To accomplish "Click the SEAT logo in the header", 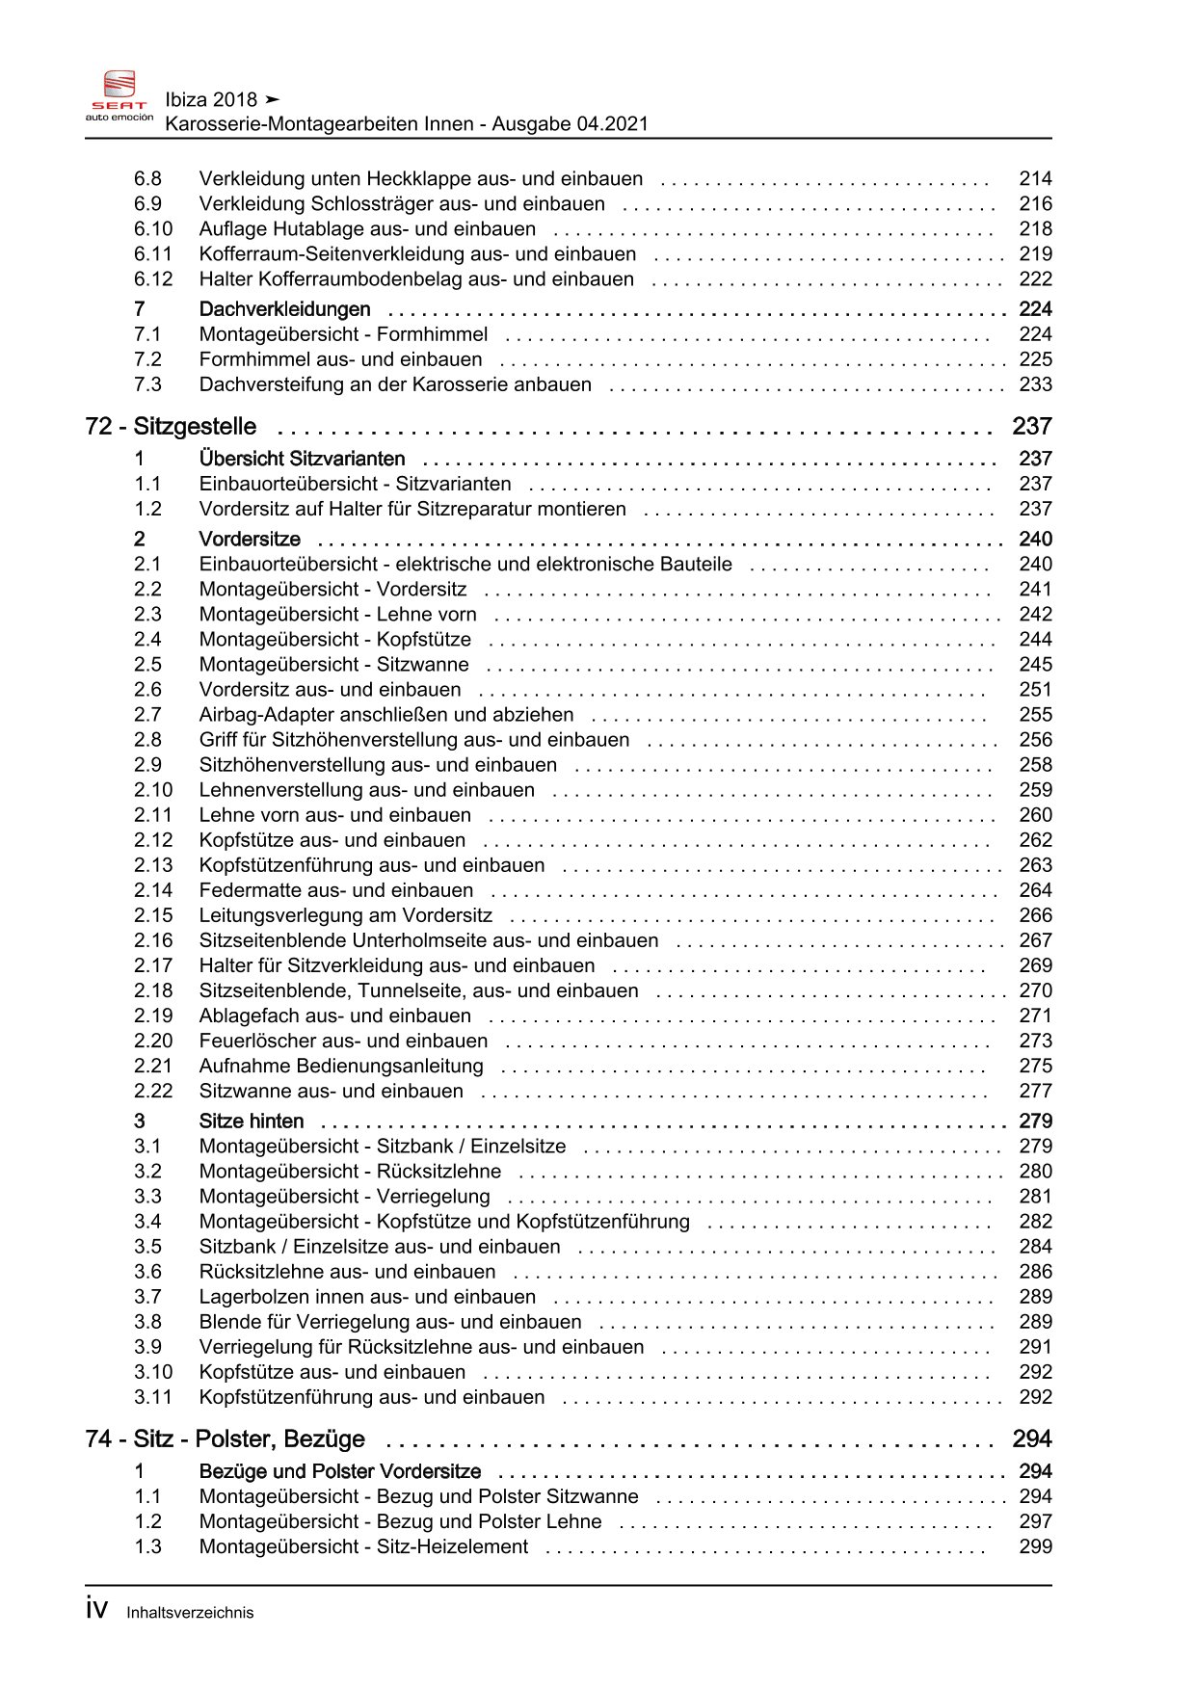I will pyautogui.click(x=119, y=96).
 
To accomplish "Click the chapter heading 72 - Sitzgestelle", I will pyautogui.click(x=171, y=427).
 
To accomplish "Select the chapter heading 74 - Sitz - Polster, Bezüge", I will pyautogui.click(x=225, y=1439).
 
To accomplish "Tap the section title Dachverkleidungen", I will pyautogui.click(x=284, y=309).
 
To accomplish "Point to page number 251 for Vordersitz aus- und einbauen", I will pyautogui.click(x=1035, y=690).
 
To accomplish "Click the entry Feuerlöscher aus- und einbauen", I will pyautogui.click(x=343, y=1042).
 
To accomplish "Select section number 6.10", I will pyautogui.click(x=153, y=229).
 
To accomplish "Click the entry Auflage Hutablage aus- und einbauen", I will pyautogui.click(x=367, y=229).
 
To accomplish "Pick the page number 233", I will pyautogui.click(x=1035, y=384).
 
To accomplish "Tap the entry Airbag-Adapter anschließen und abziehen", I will pyautogui.click(x=386, y=715).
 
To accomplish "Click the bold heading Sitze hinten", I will pyautogui.click(x=251, y=1122).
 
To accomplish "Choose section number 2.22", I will pyautogui.click(x=153, y=1092).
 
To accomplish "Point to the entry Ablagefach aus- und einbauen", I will pyautogui.click(x=335, y=1016).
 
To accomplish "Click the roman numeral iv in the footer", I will pyautogui.click(x=96, y=1610).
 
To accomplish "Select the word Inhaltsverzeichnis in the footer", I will pyautogui.click(x=190, y=1613).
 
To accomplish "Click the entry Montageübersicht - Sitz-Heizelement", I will pyautogui.click(x=363, y=1547).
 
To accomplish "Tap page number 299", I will pyautogui.click(x=1035, y=1547).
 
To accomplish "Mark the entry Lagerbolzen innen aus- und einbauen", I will pyautogui.click(x=367, y=1298).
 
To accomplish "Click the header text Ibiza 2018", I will pyautogui.click(x=211, y=100).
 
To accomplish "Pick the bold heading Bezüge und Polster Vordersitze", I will pyautogui.click(x=339, y=1472).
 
